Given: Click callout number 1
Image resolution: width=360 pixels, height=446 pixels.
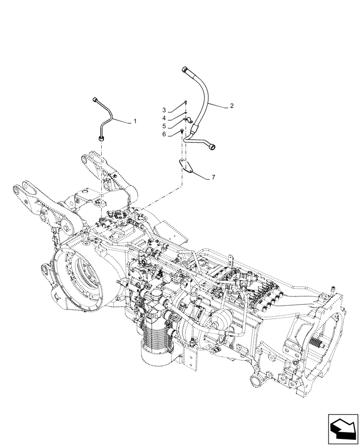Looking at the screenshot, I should (135, 121).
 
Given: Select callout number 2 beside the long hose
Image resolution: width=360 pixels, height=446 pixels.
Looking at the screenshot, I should (232, 106).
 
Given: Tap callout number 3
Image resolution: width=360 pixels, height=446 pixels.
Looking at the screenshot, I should (164, 110).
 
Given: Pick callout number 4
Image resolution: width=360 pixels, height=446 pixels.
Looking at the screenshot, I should (164, 118).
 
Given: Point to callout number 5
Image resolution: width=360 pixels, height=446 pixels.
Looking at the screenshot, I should (164, 126).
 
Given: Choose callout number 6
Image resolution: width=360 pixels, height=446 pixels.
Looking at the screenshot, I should (164, 134).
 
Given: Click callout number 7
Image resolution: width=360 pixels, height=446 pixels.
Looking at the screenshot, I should (213, 177).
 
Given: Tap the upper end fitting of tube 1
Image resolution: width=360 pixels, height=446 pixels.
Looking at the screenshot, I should (95, 99).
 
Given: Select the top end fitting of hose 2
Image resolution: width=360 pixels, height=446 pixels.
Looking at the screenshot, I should (185, 69).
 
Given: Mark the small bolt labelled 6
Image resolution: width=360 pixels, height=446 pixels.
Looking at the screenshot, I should (182, 131).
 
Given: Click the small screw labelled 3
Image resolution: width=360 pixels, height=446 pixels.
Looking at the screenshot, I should (186, 103).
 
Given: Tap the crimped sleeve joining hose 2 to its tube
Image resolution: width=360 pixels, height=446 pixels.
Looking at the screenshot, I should (195, 131).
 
